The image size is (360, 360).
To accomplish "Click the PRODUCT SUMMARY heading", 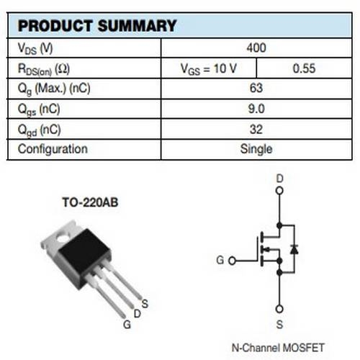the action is pyautogui.click(x=97, y=26).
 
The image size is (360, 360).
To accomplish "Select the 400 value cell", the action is pyautogui.click(x=256, y=48).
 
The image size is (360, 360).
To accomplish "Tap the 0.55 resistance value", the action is pyautogui.click(x=304, y=68).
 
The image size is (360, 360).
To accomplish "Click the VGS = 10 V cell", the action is pyautogui.click(x=209, y=69).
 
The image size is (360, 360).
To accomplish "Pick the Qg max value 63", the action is pyautogui.click(x=256, y=88).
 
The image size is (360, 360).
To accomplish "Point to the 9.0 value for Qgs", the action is pyautogui.click(x=256, y=109).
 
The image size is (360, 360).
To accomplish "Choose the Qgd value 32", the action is pyautogui.click(x=256, y=130).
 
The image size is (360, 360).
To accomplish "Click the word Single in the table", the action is pyautogui.click(x=256, y=149).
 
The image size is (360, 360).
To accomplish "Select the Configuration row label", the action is pyautogui.click(x=53, y=149).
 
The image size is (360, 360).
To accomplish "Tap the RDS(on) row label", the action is pyautogui.click(x=44, y=69).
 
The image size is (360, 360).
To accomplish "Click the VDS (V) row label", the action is pyautogui.click(x=35, y=48).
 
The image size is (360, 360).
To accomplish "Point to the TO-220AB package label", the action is pyautogui.click(x=90, y=202).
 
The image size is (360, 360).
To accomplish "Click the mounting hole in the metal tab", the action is pyautogui.click(x=63, y=238).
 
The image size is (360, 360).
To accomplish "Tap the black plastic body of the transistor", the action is pyautogui.click(x=84, y=257).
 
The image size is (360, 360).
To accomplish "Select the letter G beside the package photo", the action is pyautogui.click(x=127, y=325).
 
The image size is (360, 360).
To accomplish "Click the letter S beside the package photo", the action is pyautogui.click(x=145, y=304).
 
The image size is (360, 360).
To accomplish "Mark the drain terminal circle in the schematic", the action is pyautogui.click(x=279, y=191).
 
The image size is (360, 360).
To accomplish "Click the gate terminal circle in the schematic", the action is pyautogui.click(x=232, y=261).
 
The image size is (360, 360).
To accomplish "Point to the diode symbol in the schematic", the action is pyautogui.click(x=294, y=250).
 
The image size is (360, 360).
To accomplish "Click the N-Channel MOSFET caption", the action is pyautogui.click(x=278, y=348).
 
